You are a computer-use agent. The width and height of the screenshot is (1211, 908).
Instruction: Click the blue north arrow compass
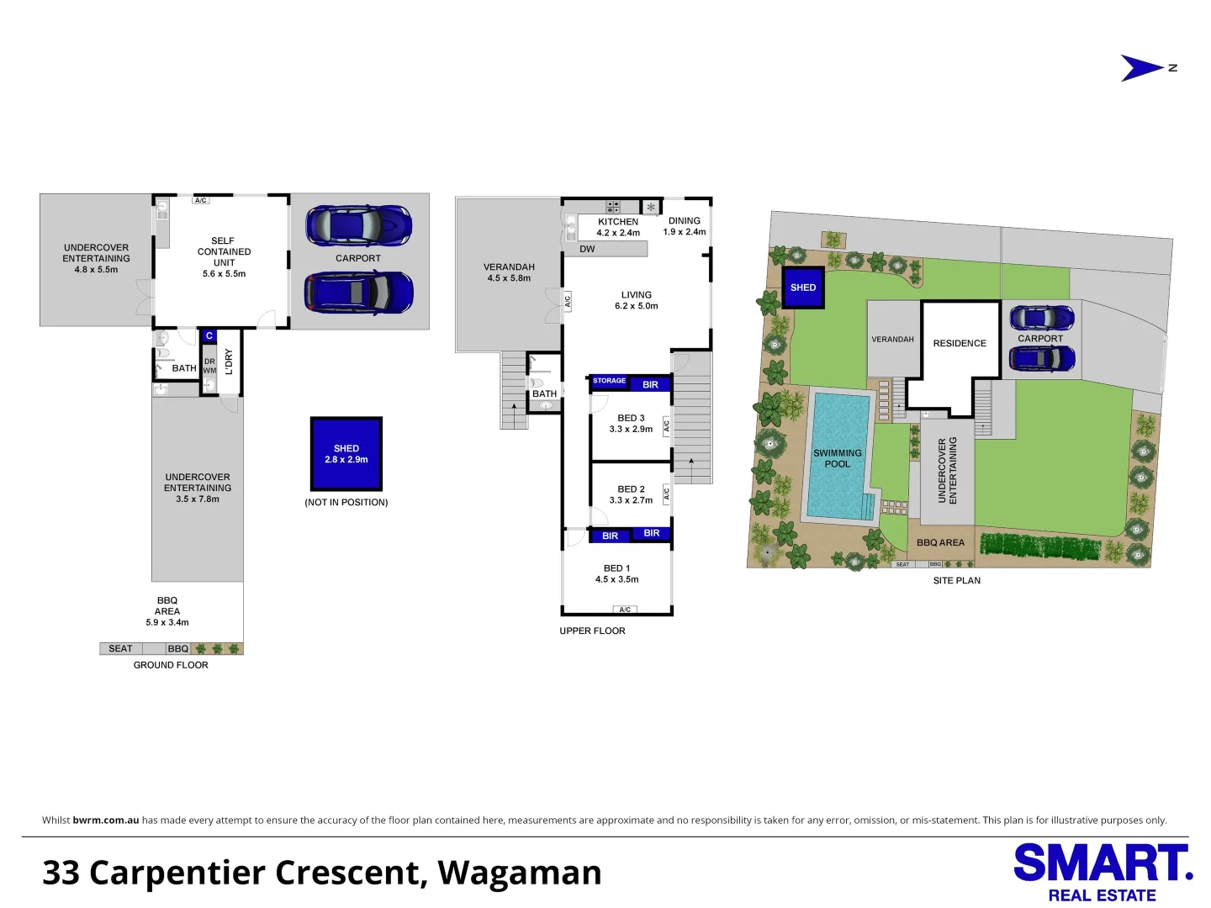pos(1141,68)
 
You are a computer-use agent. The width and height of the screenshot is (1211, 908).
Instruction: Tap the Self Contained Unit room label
pos(224,257)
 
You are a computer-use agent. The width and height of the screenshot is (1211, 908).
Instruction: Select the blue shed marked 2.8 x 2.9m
pos(346,454)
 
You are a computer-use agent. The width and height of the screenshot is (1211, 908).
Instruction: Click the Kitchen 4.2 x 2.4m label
pos(618,227)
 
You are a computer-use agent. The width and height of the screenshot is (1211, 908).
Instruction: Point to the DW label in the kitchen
pos(587,249)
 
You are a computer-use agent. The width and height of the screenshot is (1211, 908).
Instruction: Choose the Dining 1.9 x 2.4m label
pos(684,226)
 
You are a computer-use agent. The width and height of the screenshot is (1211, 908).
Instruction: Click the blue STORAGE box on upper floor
pos(609,381)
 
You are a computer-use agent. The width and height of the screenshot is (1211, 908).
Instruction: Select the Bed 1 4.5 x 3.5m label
pos(616,573)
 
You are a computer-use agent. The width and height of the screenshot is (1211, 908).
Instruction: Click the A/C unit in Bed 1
pos(625,610)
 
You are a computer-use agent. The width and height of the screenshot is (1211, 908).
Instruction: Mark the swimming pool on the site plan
pos(838,456)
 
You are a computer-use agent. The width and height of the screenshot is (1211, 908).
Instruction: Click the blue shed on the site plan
pos(803,288)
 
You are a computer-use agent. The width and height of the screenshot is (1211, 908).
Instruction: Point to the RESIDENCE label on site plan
pos(960,343)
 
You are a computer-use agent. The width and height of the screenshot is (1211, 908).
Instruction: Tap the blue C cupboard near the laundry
pos(209,335)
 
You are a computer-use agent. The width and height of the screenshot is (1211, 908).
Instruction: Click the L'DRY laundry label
pos(229,362)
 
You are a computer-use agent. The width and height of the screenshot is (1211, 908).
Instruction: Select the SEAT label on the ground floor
pos(120,648)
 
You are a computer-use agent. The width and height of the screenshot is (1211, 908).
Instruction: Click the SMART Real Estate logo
pos(1103,872)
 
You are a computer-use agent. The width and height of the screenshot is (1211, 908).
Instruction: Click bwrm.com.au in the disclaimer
pos(106,820)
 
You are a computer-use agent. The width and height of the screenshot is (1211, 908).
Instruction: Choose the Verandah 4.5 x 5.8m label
pos(509,272)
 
